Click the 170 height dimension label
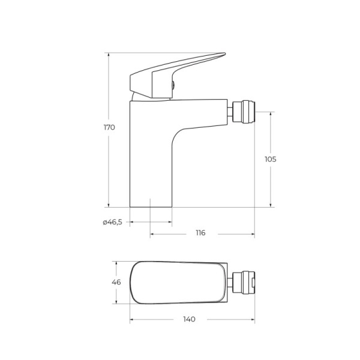pos(109,127)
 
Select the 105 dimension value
pos(270,159)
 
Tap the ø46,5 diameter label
pos(112,222)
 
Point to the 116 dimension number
pos(200,233)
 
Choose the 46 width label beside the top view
pos(116,282)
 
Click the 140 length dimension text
pos(189,319)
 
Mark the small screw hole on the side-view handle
pos(173,85)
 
